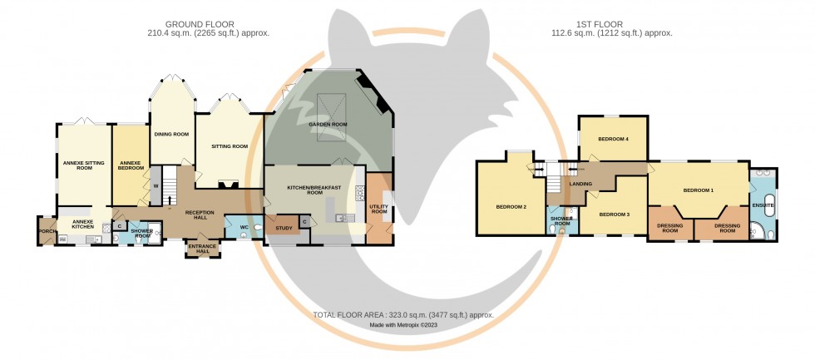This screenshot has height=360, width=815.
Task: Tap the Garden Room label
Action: pos(328,124)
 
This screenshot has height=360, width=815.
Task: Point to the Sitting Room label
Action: pos(230,146)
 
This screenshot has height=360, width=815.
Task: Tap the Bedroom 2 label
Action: pos(511,207)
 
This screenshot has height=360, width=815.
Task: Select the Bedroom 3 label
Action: pos(614,215)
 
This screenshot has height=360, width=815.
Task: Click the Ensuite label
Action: pos(763,205)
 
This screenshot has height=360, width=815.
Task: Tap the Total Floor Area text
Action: pos(403,315)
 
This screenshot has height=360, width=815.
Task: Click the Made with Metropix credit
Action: pos(403,325)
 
